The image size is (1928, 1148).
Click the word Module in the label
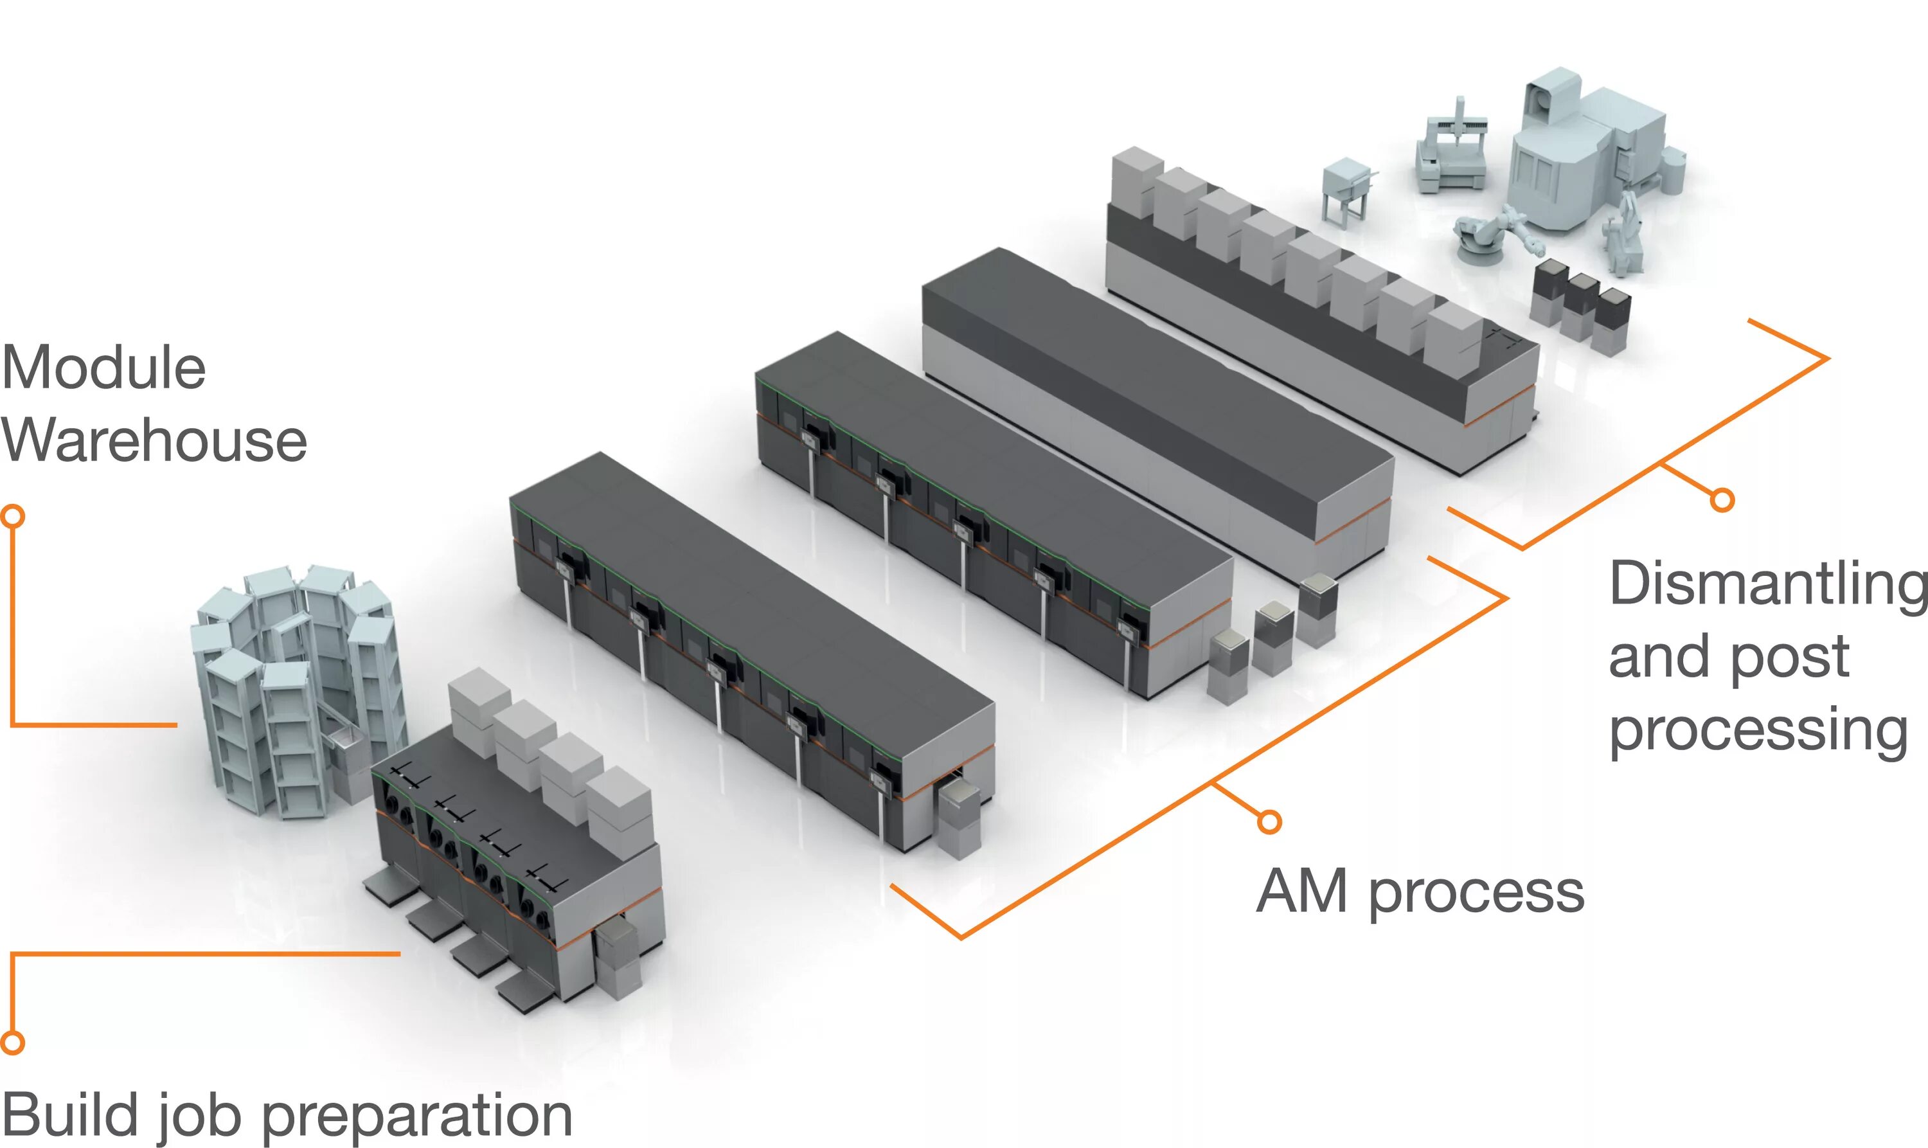[x=103, y=368]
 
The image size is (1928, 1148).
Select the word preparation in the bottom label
[x=418, y=1117]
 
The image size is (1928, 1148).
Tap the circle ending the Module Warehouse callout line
[x=13, y=516]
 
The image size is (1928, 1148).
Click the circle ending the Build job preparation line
[x=12, y=1043]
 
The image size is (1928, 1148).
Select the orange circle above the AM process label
[x=1269, y=821]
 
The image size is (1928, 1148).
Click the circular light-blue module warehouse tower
[x=298, y=688]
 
